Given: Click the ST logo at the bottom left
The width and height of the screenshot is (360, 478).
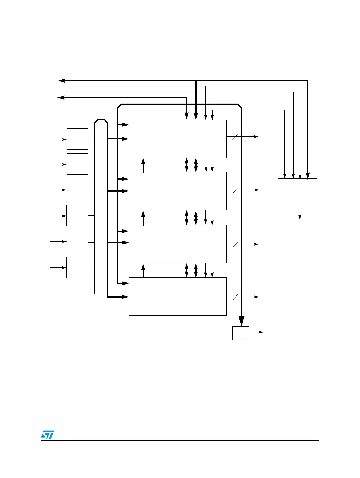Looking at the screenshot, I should click(x=47, y=434).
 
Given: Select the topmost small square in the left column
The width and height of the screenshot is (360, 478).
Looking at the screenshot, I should click(x=77, y=139).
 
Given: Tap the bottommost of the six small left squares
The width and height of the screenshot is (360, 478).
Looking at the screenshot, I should click(x=77, y=267).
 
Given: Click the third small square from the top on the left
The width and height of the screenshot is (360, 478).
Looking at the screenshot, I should click(x=77, y=190).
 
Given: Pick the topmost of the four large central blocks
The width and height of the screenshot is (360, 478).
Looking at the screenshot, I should click(x=178, y=139).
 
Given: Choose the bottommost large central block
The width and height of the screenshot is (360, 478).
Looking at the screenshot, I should click(x=178, y=296).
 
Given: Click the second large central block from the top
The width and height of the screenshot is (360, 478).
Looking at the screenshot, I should click(x=178, y=191).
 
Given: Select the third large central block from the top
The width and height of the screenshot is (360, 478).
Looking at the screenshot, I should click(x=178, y=244).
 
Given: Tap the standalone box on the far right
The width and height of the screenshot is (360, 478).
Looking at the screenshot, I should click(x=297, y=192).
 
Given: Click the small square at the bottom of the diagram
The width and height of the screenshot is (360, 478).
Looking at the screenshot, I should click(x=240, y=333).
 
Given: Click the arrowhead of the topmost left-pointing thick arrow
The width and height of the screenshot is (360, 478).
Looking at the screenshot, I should click(x=61, y=81).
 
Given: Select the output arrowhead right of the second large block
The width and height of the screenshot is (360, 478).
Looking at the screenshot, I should click(x=257, y=190).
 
